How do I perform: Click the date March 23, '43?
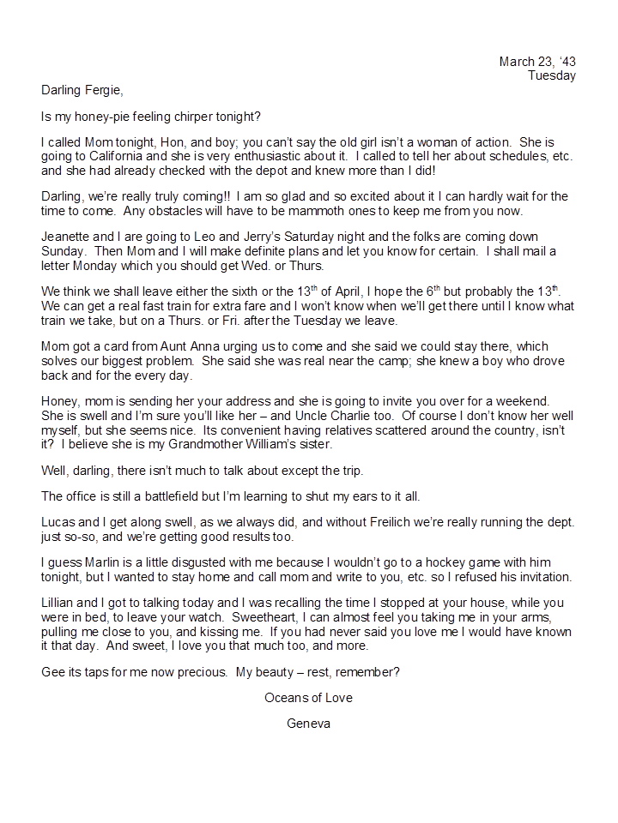point(537,62)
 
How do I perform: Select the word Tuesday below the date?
point(552,75)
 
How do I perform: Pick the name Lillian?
point(61,604)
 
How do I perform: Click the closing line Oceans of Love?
point(308,698)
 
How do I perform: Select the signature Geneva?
point(308,724)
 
